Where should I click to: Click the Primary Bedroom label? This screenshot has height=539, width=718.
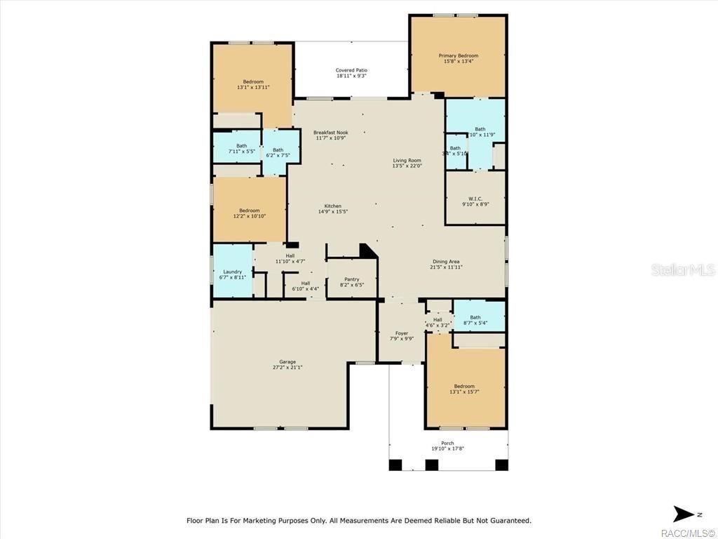coord(458,56)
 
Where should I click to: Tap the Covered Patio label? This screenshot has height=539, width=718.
coord(351,70)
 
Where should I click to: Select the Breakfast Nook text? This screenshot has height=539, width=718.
coord(330,133)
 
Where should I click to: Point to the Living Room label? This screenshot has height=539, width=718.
coord(407,161)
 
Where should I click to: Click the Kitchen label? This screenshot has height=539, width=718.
coord(332,206)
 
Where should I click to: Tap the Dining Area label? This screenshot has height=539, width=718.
coord(445,262)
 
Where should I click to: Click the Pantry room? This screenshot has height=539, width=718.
coord(351,279)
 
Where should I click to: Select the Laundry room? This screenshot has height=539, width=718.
coord(232,272)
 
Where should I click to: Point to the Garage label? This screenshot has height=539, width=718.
coord(287,362)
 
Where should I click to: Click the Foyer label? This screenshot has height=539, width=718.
coord(402,333)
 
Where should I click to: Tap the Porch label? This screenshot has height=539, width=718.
coord(447,443)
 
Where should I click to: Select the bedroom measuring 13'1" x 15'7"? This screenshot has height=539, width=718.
coord(464,387)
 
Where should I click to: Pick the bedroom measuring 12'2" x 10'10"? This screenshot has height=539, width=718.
coord(249,211)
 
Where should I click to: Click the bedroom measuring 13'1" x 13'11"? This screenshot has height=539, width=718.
coord(253,82)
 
